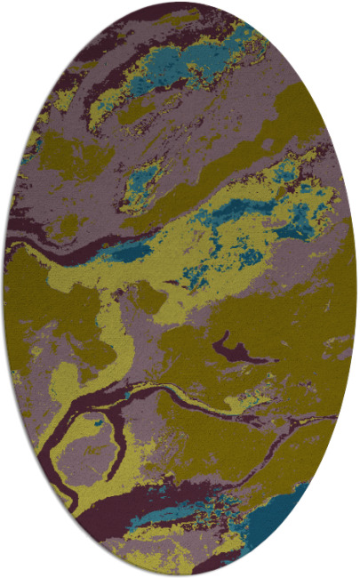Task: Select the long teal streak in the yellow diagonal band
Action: (236, 211)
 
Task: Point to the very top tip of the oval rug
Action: (180, 4)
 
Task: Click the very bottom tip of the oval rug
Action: (180, 574)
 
